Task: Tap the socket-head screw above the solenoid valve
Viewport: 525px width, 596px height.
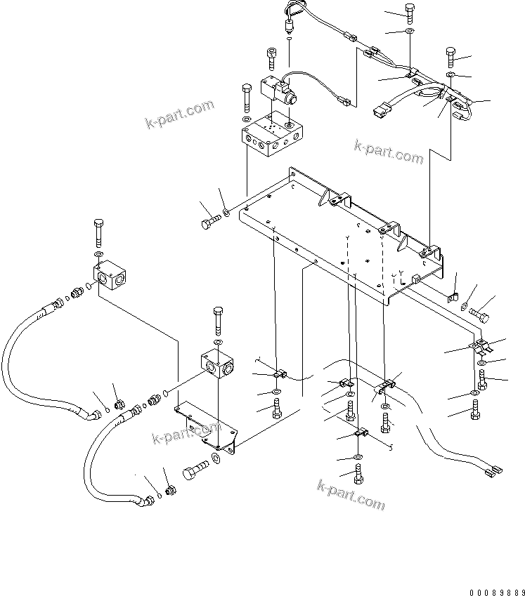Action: point(272,56)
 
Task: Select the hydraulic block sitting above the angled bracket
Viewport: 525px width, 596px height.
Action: point(219,363)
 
